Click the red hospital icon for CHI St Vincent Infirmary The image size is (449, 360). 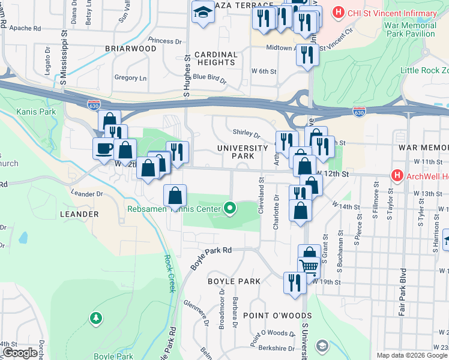[339, 12]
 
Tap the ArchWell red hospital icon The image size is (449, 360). [396, 175]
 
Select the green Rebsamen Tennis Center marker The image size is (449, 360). [229, 209]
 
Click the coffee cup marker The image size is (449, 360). [103, 148]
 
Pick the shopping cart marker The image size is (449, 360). [310, 265]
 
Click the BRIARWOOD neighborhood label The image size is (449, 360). [126, 49]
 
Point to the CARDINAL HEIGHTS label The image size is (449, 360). [215, 58]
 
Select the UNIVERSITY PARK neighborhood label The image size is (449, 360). [243, 152]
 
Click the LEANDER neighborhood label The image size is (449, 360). [79, 214]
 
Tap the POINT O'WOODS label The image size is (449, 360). [277, 316]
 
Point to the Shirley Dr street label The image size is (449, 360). [246, 136]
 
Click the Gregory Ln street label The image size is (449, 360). [130, 78]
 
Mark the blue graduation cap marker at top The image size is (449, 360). [203, 11]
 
